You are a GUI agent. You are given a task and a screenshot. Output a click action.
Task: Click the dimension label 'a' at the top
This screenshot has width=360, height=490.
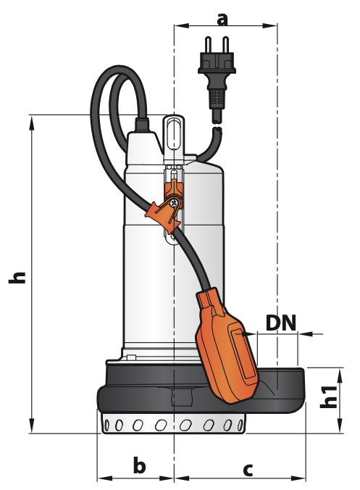point(222,19)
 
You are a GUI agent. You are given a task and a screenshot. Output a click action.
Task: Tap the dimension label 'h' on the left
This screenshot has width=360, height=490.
point(17,278)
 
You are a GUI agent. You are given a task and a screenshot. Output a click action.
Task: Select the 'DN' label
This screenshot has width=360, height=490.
point(281,323)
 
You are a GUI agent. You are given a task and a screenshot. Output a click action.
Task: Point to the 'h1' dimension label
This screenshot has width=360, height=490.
point(329,397)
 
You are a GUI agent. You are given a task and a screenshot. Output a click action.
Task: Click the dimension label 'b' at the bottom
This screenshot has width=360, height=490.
point(139,465)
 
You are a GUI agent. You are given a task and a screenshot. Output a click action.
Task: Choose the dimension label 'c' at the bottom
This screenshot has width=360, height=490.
point(248,470)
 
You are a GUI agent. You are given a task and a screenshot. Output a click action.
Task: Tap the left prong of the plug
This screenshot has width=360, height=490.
point(208,45)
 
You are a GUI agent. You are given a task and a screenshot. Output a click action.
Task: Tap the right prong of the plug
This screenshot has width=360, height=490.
point(225,45)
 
